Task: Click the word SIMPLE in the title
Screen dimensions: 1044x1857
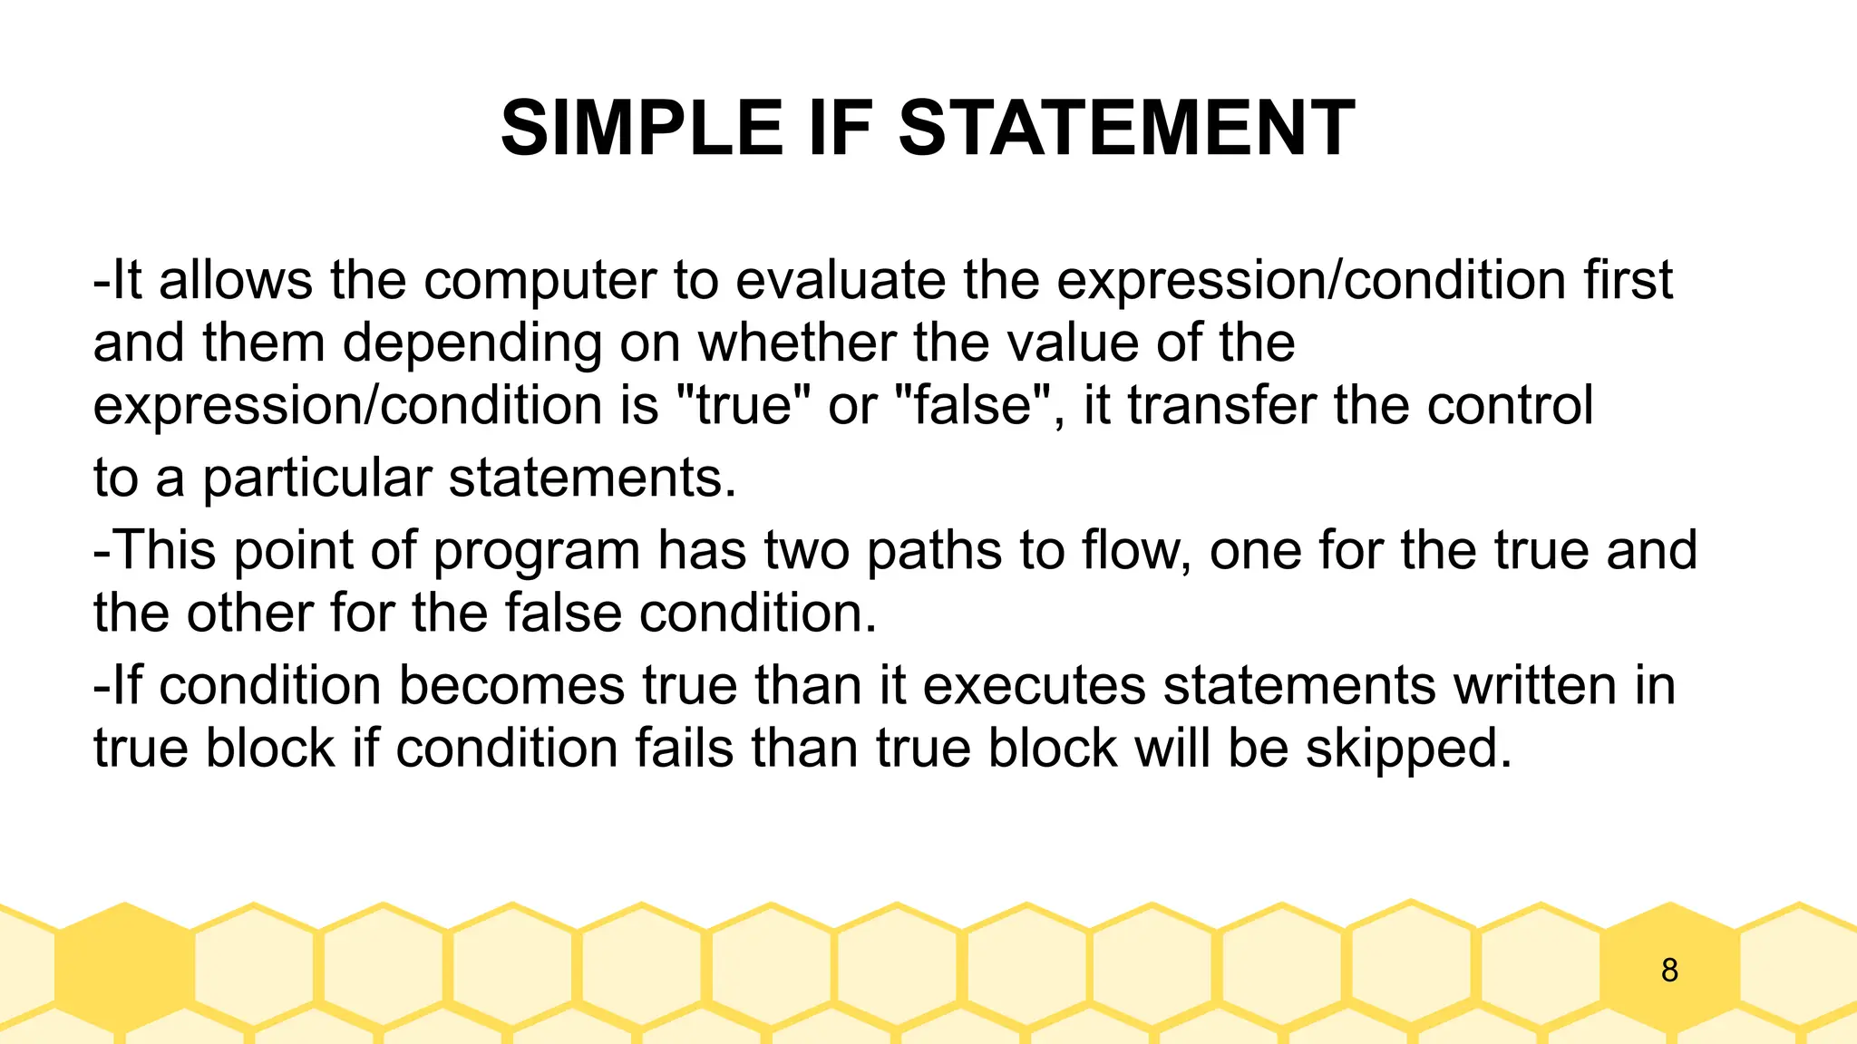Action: point(641,129)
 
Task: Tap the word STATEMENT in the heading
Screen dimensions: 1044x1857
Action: point(1126,129)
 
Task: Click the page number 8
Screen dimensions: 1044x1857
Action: point(1669,971)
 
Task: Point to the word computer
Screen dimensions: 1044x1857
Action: point(540,281)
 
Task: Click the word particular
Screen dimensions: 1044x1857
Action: point(316,478)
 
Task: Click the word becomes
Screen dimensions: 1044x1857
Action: point(511,686)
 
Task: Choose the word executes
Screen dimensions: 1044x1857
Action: point(1035,686)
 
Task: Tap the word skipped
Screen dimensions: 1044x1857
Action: point(1408,749)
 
